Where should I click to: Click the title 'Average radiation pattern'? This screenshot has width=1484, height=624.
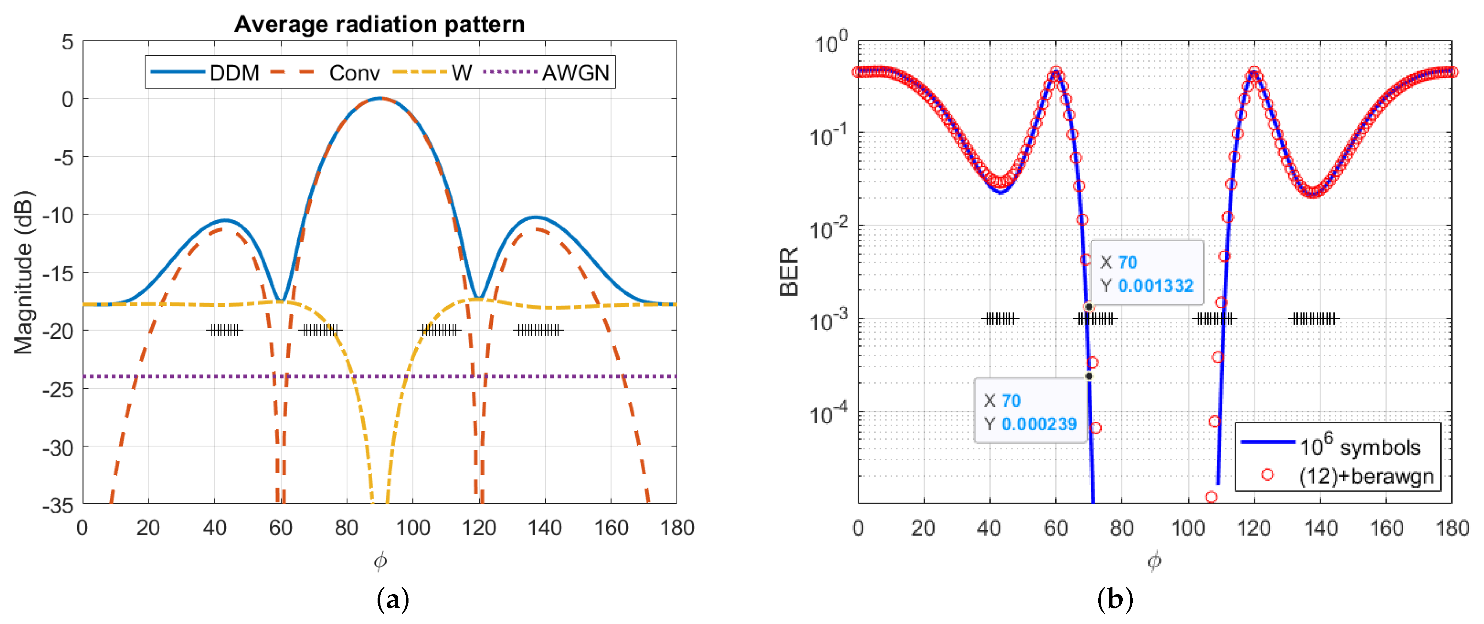click(x=379, y=24)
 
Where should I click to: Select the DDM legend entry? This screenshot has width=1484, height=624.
click(x=205, y=72)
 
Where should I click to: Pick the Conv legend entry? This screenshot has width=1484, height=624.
click(x=325, y=72)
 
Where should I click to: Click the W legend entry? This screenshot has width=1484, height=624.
click(x=432, y=72)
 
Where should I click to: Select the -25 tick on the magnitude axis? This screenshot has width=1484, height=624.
click(x=58, y=390)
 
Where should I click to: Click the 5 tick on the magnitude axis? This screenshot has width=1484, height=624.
click(x=68, y=42)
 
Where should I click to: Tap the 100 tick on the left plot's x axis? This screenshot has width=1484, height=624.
click(x=412, y=528)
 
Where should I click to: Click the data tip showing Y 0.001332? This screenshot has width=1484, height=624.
click(x=1146, y=273)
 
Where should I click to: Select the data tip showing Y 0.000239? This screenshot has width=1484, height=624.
click(x=1030, y=412)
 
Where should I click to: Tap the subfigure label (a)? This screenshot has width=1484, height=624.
click(x=393, y=600)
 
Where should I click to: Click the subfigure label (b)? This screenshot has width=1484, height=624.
click(x=1115, y=600)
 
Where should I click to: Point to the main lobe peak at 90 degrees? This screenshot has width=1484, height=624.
click(x=380, y=98)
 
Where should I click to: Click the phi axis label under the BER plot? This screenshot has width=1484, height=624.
click(x=1154, y=560)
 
